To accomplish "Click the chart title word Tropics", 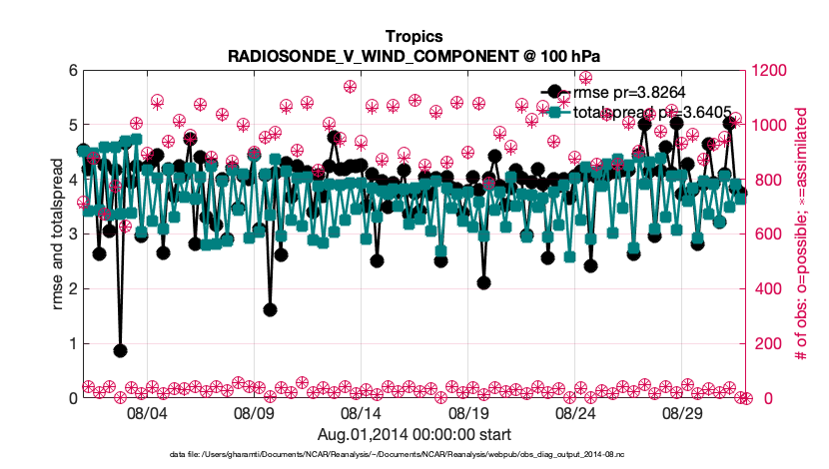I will point(414,36).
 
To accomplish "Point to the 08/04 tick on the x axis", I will point(147,412).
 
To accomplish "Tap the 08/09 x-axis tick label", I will point(254,412).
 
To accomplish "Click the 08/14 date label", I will point(361,412).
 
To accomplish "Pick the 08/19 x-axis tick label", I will point(467,412).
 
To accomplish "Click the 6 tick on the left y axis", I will point(72,71).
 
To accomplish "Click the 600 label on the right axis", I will point(765,234).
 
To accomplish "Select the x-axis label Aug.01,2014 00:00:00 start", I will point(414,434).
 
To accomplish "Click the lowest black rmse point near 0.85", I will point(120,350).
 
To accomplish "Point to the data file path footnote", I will point(398,455).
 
